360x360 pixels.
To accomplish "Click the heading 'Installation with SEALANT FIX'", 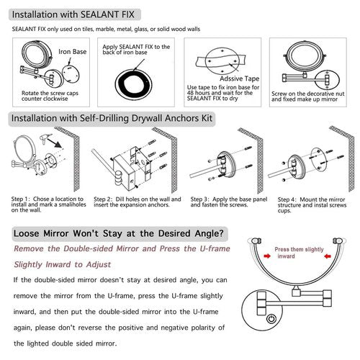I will [x=76, y=14].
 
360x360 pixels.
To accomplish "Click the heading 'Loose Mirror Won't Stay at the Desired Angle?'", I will [x=118, y=234].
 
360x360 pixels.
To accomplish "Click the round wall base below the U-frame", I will [x=269, y=319].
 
